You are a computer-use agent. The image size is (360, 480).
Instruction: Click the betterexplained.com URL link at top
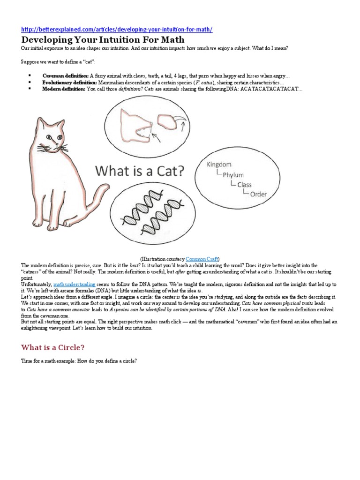(x=117, y=30)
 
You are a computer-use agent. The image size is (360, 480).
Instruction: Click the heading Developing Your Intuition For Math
(x=103, y=40)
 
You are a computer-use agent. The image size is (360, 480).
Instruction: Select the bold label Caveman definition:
(x=65, y=75)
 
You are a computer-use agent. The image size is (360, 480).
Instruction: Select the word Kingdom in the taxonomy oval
(x=219, y=164)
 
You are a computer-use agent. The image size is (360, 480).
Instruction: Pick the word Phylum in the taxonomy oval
(x=233, y=174)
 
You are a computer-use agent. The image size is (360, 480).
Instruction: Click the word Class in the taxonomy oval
(x=244, y=184)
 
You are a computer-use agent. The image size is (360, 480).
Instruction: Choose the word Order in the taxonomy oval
(x=259, y=194)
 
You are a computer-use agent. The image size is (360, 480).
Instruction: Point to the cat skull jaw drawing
(x=136, y=125)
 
